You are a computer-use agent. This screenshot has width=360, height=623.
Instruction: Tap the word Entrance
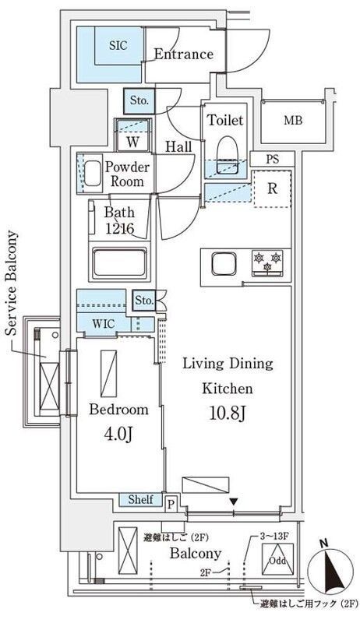coord(182,55)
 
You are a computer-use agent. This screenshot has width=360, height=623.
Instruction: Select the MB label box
coord(292,121)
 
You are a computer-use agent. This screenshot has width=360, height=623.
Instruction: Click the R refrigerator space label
coord(273,188)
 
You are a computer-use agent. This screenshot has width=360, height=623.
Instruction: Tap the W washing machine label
coord(132,142)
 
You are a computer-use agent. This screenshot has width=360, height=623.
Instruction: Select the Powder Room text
coord(126,174)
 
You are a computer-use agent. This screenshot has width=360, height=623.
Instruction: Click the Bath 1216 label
coord(119,220)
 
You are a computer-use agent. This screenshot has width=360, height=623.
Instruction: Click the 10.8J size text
coord(227,414)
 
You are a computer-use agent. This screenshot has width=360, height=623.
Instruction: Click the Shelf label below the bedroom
coord(140,500)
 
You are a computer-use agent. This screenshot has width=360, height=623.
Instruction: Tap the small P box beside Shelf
coord(171,505)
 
